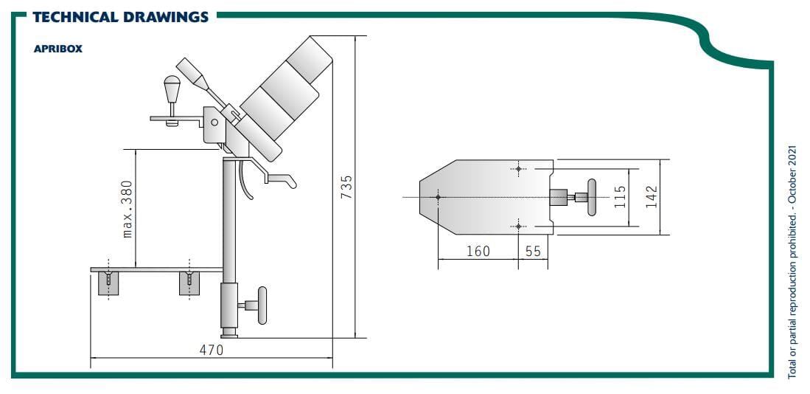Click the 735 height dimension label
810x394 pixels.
pos(346,187)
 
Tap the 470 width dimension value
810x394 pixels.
pos(212,350)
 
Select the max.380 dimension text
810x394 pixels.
pos(128,209)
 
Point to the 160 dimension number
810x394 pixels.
pos(478,252)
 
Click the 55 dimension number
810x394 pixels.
pos(533,252)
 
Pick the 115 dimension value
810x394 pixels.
pos(621,197)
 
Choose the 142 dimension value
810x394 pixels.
pos(652,197)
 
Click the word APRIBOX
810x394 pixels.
pos(57,49)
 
